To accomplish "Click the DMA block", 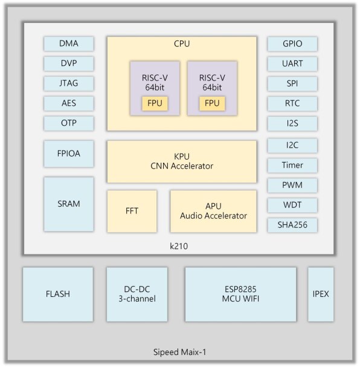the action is click(x=69, y=44).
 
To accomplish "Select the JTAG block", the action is click(x=69, y=83).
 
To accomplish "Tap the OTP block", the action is click(x=69, y=123).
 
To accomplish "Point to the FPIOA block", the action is click(x=69, y=154).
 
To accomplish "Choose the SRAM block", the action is click(x=69, y=204).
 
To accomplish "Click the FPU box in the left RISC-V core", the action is click(x=155, y=103).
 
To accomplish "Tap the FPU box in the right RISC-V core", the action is click(x=212, y=103).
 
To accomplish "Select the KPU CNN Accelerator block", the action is click(x=182, y=161).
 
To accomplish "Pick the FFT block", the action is click(x=132, y=211).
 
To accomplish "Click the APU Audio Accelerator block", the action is click(x=213, y=211).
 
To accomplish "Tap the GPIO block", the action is click(x=292, y=44).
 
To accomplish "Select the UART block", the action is click(x=292, y=63).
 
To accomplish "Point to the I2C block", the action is click(x=292, y=145).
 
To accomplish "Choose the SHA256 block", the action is click(x=292, y=225).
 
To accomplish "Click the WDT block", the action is click(x=292, y=205).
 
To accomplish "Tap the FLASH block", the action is click(x=58, y=294).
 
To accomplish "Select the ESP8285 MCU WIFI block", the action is click(x=240, y=294).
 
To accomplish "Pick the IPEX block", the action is click(x=321, y=294).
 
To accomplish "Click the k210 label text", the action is click(x=179, y=246).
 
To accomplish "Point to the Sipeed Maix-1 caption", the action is click(x=179, y=352).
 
